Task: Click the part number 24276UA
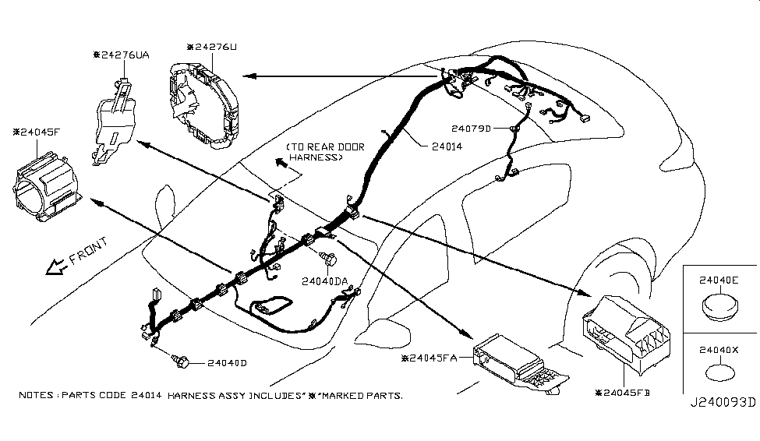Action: (125, 55)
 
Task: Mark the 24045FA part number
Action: (434, 358)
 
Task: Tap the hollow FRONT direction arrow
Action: (56, 267)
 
